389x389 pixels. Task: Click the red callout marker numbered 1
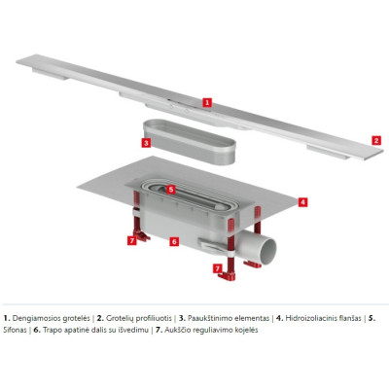click(x=206, y=100)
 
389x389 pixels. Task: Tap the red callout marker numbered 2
click(x=373, y=140)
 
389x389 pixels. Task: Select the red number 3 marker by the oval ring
click(x=145, y=142)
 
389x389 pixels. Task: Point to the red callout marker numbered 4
click(x=302, y=202)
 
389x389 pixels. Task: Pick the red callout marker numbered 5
click(x=170, y=189)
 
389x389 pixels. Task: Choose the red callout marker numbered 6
click(x=174, y=240)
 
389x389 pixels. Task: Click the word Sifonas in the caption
click(x=19, y=330)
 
